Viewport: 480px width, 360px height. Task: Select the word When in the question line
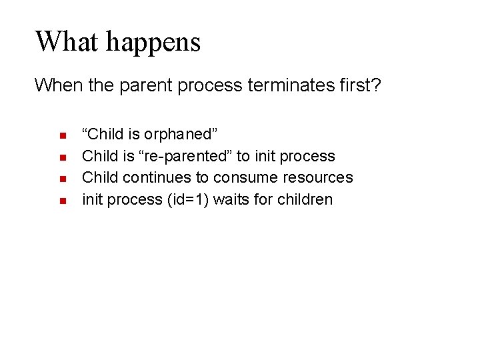55,85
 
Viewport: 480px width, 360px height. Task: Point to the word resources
317,178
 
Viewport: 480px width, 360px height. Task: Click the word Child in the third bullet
99,178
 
